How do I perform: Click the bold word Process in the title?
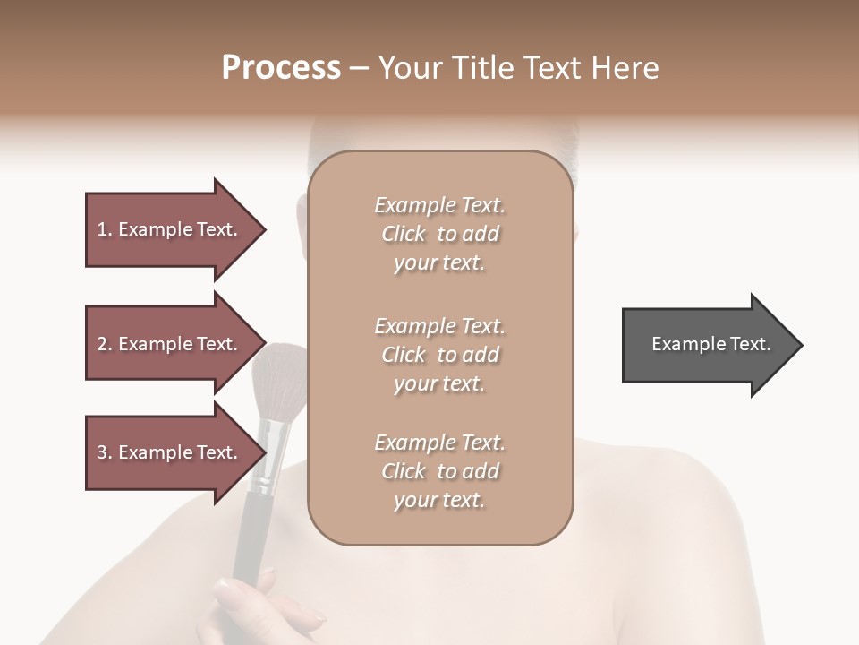[281, 67]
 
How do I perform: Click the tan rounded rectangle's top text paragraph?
[439, 234]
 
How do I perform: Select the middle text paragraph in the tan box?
[439, 355]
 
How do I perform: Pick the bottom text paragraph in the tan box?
[439, 471]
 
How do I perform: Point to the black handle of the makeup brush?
[252, 529]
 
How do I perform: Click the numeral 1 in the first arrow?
[102, 229]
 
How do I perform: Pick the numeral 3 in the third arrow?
[102, 452]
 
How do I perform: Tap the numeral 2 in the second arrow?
[102, 344]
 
